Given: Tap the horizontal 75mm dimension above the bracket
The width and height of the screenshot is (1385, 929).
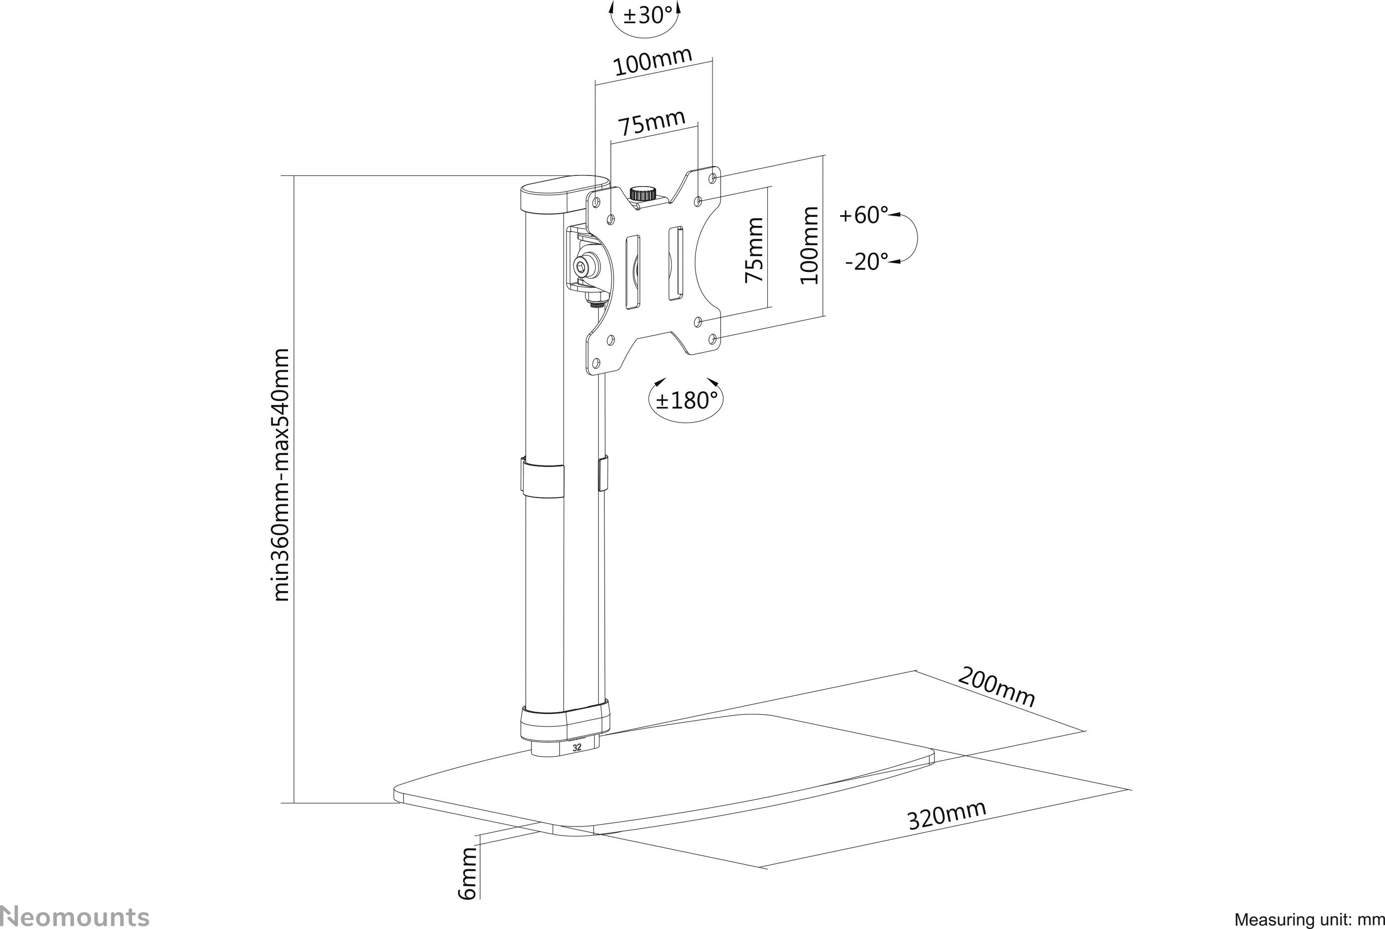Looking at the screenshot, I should click(x=651, y=124).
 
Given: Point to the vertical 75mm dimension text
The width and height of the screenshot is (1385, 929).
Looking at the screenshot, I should click(x=753, y=249).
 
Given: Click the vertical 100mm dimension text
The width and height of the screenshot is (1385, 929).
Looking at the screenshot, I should click(x=809, y=245).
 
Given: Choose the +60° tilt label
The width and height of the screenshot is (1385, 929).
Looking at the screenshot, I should click(x=864, y=215).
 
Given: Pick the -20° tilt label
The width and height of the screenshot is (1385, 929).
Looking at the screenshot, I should click(x=866, y=261).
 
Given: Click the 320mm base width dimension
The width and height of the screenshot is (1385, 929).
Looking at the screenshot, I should click(x=946, y=815).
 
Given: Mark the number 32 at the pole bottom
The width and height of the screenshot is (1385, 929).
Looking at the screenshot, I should click(x=577, y=748).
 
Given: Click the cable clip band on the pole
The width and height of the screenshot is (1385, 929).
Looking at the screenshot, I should click(x=542, y=479).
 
